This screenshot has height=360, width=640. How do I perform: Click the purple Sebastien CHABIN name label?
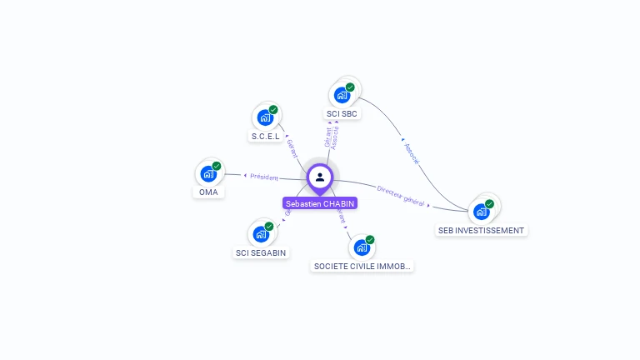(320, 203)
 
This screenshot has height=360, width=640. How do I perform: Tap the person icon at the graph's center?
(320, 177)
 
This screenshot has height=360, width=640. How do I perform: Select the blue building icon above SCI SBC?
(342, 95)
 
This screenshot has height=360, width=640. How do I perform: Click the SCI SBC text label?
(342, 113)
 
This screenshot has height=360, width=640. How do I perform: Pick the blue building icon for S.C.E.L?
(265, 117)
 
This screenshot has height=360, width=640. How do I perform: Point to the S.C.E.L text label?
(265, 136)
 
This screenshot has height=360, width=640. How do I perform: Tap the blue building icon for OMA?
(207, 174)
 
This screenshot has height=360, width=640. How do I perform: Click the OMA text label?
(207, 192)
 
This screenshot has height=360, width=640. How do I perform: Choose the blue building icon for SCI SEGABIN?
(261, 234)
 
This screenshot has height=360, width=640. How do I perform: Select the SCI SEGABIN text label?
(262, 252)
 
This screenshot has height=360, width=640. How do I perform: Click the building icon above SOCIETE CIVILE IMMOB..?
(362, 247)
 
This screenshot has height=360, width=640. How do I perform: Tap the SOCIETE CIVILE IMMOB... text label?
(362, 267)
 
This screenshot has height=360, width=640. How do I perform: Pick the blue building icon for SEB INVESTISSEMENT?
(481, 212)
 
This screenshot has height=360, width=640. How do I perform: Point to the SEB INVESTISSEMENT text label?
(482, 230)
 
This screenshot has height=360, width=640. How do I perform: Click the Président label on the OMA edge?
(263, 177)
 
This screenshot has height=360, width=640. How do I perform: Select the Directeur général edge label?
(400, 196)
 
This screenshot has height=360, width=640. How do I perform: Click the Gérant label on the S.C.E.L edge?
(292, 148)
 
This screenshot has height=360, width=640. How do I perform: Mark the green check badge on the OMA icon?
(217, 166)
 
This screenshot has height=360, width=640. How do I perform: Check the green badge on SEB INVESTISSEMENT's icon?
(490, 203)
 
